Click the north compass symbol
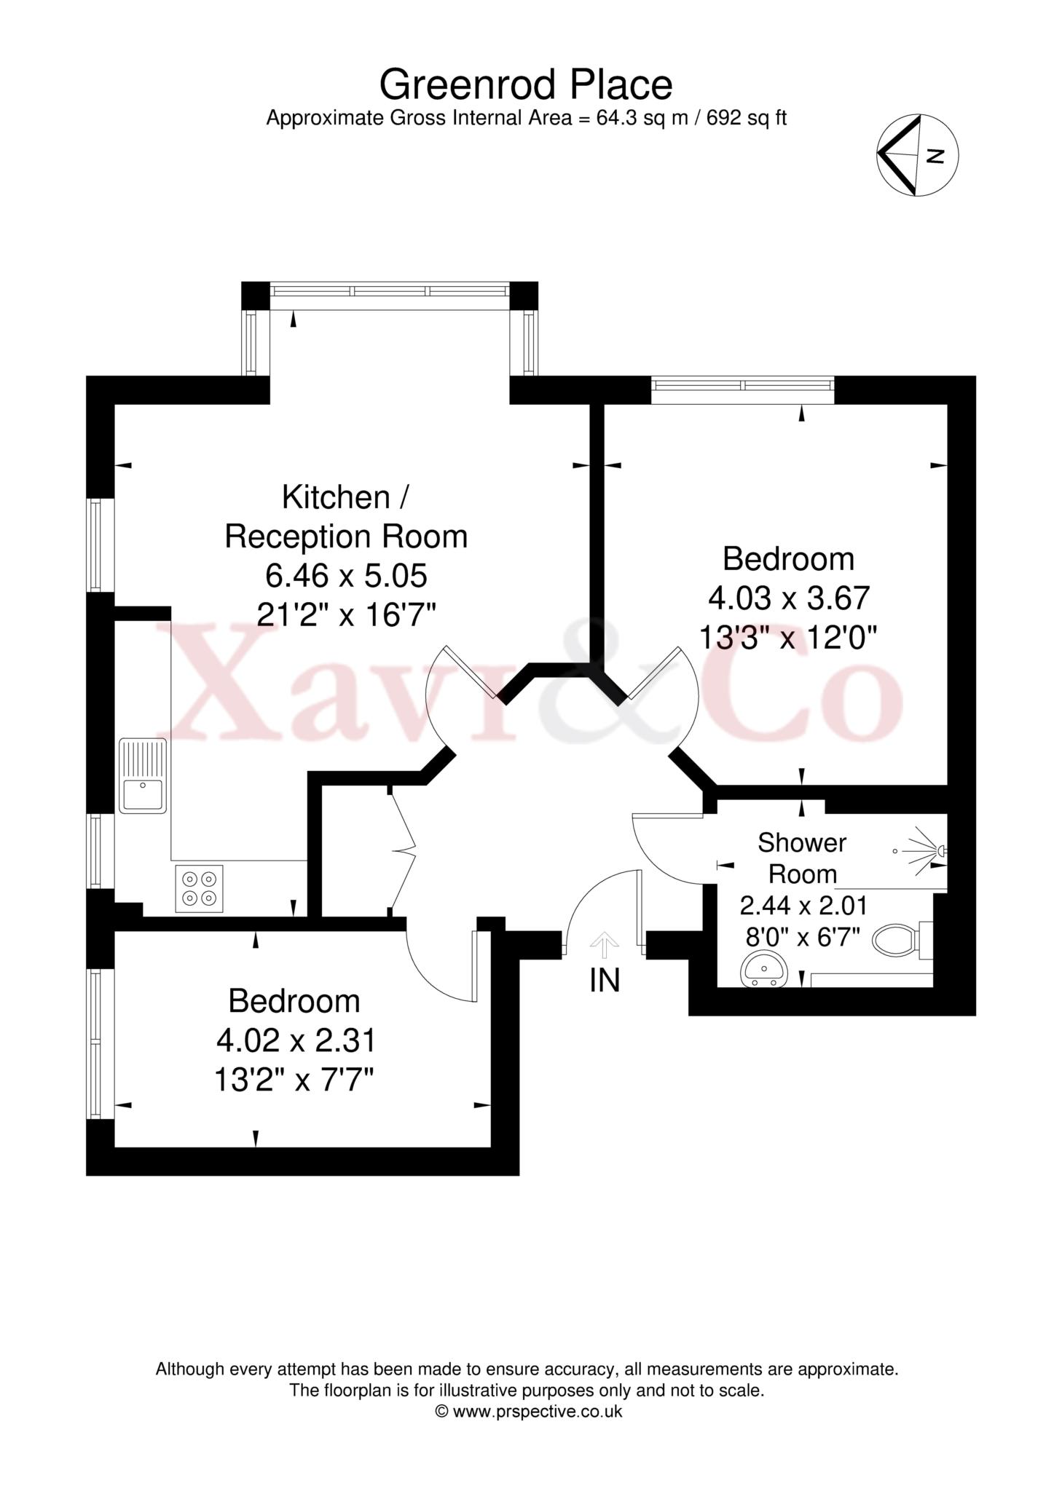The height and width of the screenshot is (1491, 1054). [x=917, y=155]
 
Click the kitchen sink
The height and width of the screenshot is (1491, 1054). [x=143, y=775]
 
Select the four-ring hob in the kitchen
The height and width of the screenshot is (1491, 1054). [x=199, y=888]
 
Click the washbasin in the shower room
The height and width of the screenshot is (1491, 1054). [x=764, y=970]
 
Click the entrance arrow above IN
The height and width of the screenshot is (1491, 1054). [x=604, y=944]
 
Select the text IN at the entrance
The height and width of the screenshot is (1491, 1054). [x=604, y=981]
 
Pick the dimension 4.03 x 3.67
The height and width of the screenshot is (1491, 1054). [x=789, y=598]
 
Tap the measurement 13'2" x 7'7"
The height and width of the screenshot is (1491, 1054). [x=294, y=1080]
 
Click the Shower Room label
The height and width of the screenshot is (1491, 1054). [x=802, y=858]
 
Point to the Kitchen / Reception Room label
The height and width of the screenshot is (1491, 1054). [x=346, y=517]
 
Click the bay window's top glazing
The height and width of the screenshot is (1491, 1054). [x=390, y=290]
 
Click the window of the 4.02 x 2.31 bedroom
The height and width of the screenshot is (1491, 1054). [x=95, y=1043]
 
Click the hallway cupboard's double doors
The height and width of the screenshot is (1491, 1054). [x=402, y=849]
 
